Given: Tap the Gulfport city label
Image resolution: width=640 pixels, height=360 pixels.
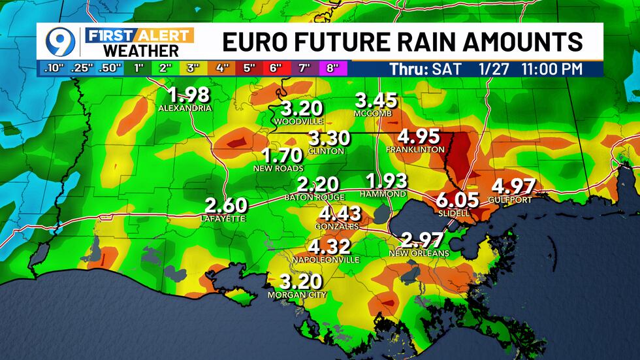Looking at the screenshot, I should [x=514, y=199].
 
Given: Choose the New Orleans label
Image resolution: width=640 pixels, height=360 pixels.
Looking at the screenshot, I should [x=419, y=254].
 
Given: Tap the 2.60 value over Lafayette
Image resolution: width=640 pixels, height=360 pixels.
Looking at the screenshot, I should [x=226, y=205].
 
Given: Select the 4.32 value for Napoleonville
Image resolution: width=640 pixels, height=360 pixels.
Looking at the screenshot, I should [x=329, y=247].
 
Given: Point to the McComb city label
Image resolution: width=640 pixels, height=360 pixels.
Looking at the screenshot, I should [x=373, y=114].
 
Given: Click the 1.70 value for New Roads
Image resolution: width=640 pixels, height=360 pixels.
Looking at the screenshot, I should [x=281, y=155].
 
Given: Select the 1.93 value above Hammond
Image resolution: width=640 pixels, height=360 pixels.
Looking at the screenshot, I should [x=387, y=181].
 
